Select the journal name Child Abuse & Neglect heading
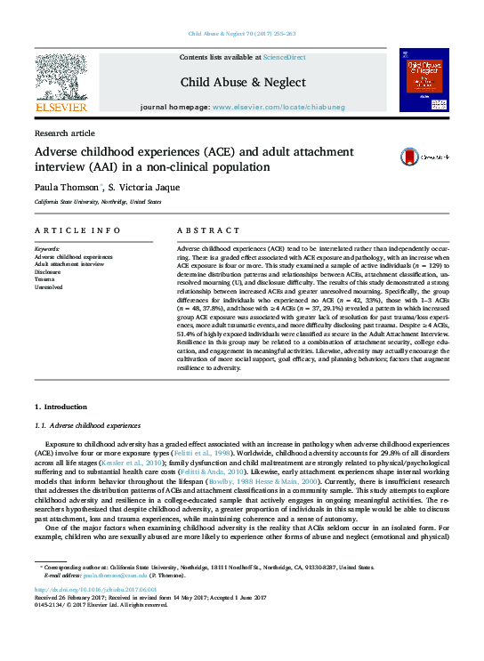(243, 82)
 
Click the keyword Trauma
(46, 279)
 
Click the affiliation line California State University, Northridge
(98, 202)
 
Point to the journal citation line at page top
(242, 33)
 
